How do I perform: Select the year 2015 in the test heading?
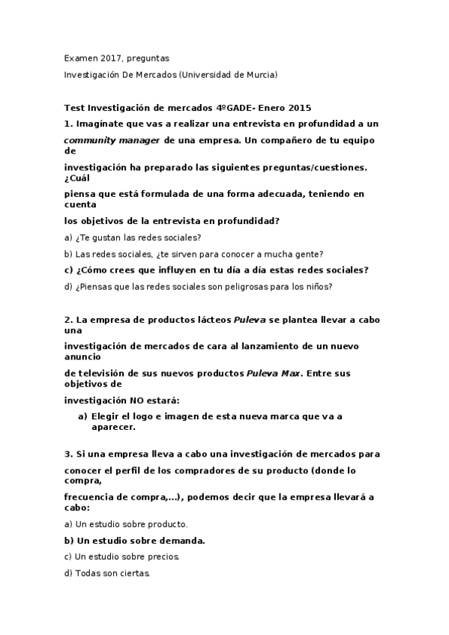pyautogui.click(x=298, y=107)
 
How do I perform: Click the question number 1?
pyautogui.click(x=67, y=124)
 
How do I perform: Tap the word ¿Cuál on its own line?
pyautogui.click(x=76, y=177)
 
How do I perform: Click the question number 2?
pyautogui.click(x=67, y=319)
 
